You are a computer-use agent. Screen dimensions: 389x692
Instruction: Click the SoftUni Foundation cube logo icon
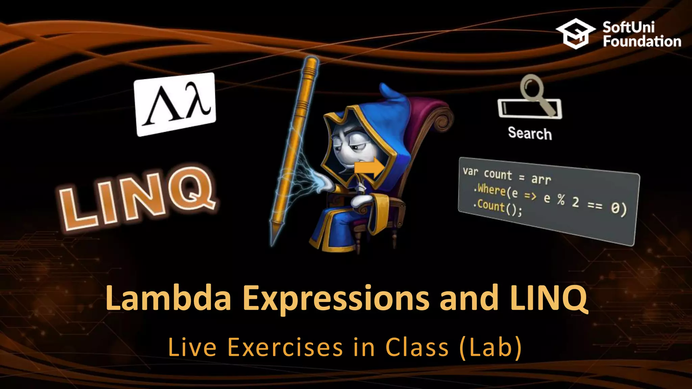coord(576,34)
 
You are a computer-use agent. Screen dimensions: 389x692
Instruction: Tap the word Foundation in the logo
coord(642,42)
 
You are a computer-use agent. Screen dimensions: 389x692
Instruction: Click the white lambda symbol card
coord(175,104)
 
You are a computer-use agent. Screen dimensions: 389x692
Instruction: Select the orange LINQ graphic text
coord(137,198)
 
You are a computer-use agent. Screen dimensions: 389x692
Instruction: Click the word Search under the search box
coord(530,133)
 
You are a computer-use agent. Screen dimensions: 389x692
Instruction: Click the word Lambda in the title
coord(168,298)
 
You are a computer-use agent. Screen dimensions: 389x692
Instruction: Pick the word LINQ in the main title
coord(549,298)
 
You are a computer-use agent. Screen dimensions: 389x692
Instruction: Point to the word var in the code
coord(470,172)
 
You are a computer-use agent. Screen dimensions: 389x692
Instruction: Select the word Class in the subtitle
coord(417,347)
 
